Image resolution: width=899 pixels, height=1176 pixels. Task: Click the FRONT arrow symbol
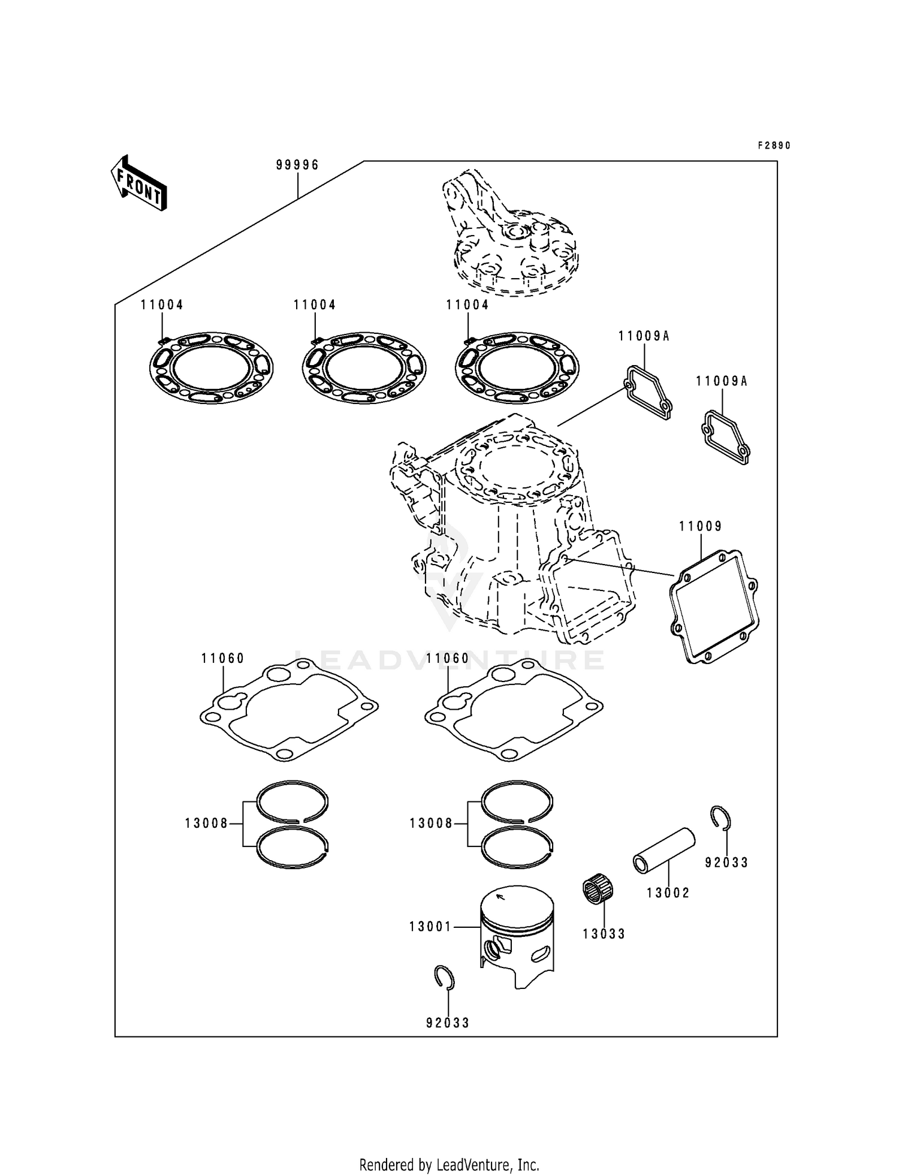coord(138,183)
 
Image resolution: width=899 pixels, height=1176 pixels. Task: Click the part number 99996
coord(297,165)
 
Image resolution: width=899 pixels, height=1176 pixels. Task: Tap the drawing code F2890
coord(774,146)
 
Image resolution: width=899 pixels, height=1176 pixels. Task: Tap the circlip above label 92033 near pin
coord(721,818)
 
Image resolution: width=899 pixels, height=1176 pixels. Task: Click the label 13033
coord(604,934)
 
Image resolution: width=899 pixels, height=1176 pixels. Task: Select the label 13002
coord(668,893)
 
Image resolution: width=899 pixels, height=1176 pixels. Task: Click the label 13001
coord(430,927)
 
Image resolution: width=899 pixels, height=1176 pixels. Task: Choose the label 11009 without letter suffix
coord(700,526)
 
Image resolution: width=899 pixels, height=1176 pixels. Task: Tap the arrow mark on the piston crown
coord(500,897)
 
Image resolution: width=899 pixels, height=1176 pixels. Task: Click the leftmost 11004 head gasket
coord(210,367)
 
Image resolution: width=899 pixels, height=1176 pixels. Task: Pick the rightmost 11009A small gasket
coord(725,437)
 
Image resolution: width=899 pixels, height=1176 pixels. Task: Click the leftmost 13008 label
coord(206,824)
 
